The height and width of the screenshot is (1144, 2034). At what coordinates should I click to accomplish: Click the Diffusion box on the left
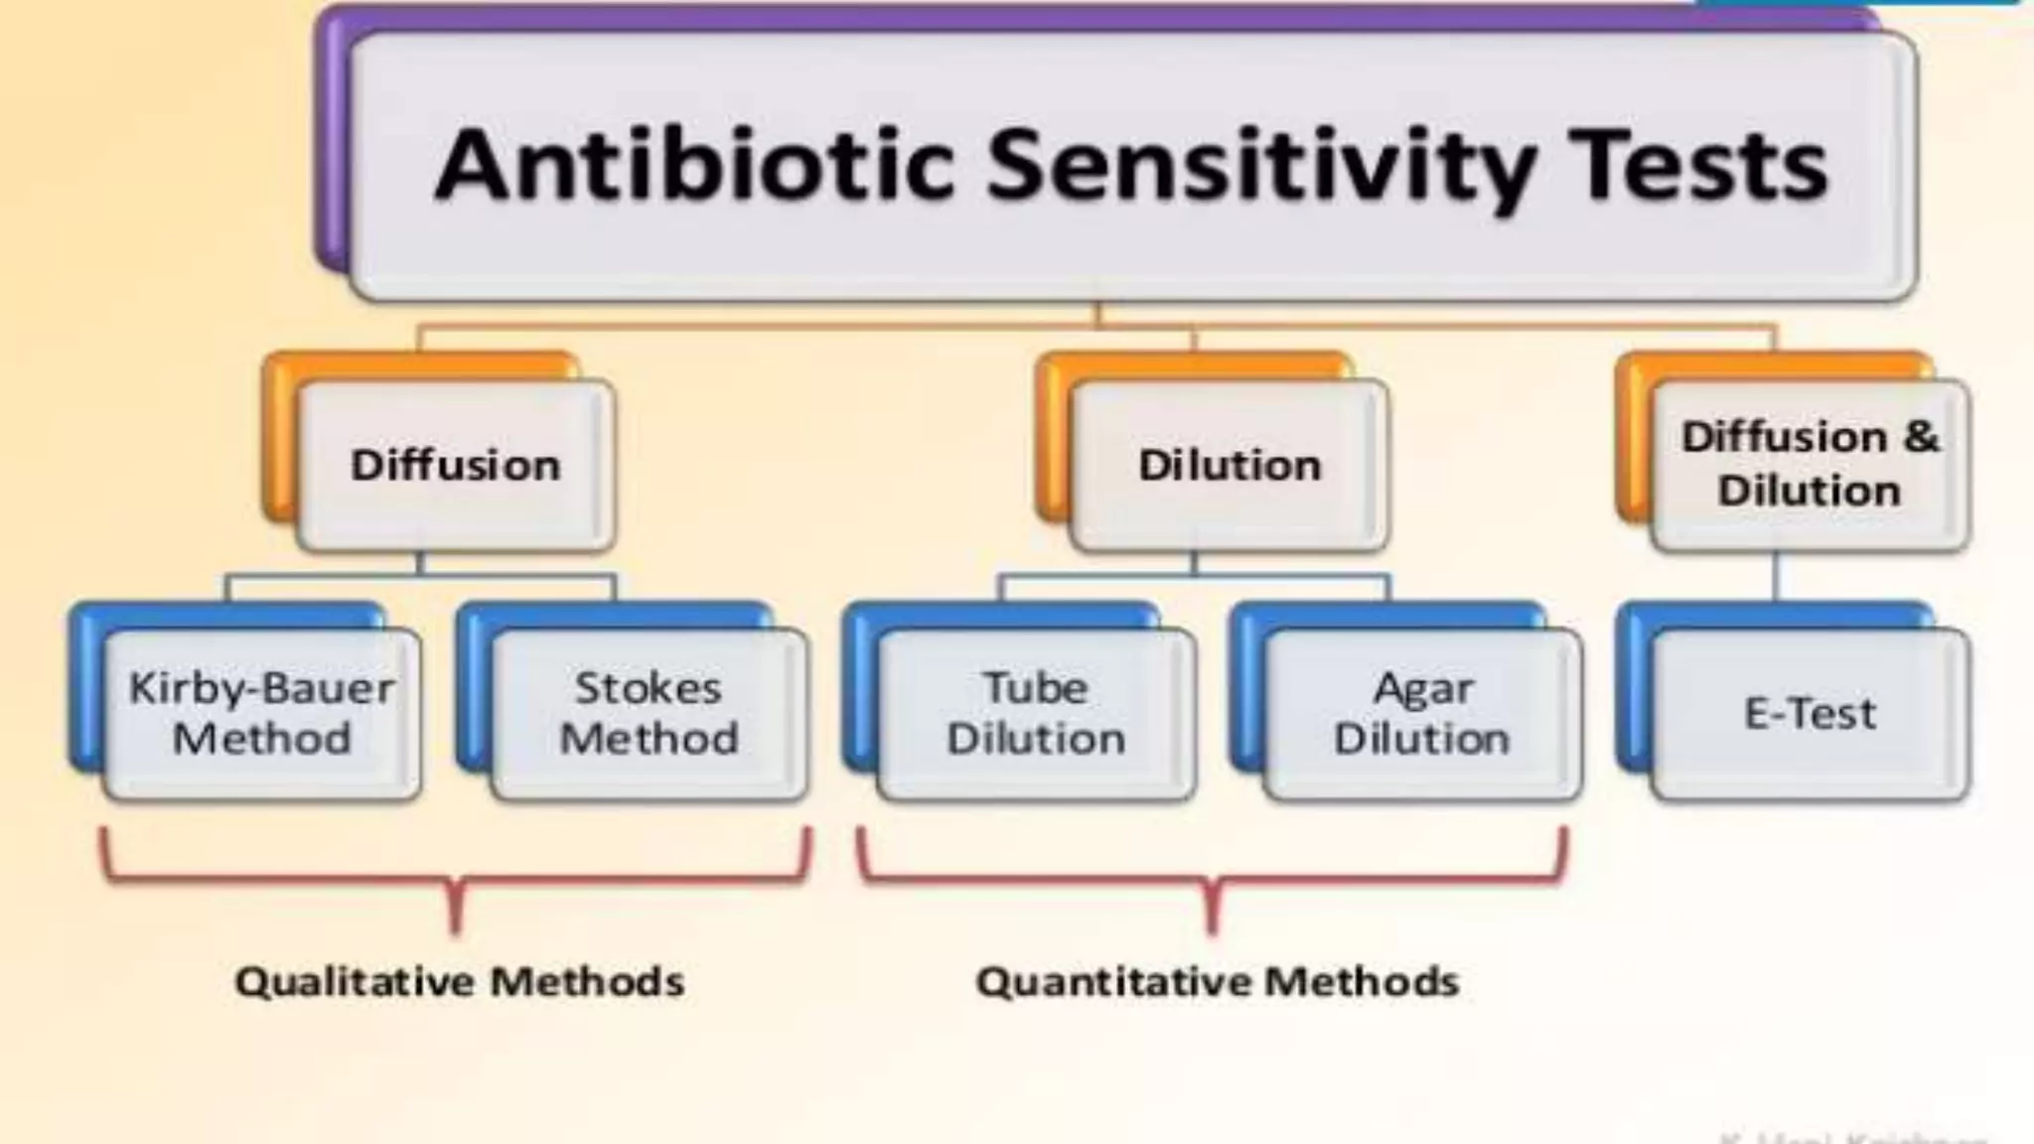pos(456,465)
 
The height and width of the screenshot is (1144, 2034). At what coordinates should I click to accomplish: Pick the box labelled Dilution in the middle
pos(1230,465)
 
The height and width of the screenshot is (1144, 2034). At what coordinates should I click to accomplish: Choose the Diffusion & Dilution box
pos(1810,465)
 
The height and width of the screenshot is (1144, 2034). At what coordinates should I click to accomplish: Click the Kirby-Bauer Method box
pos(261,713)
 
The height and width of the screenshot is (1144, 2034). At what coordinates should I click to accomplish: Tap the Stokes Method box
pos(649,713)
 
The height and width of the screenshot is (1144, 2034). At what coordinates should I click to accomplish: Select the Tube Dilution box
pos(1036,713)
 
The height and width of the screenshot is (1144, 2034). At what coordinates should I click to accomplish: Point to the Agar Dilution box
pos(1422,713)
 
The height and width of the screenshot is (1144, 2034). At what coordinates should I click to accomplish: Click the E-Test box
pos(1810,713)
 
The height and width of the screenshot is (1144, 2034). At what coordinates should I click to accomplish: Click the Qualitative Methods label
pos(459,982)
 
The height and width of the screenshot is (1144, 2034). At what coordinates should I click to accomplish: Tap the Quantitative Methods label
pos(1217,982)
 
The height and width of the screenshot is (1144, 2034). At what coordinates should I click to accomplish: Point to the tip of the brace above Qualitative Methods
pos(456,929)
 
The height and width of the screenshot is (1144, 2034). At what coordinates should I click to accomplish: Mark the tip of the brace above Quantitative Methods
pos(1212,929)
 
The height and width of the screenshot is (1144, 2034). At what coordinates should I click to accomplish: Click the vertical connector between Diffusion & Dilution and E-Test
pos(1776,577)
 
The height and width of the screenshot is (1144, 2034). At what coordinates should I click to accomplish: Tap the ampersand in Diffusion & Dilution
pos(1921,437)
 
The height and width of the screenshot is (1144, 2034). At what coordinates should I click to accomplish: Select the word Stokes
pos(649,688)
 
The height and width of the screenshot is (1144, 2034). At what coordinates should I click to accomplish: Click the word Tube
pos(1036,688)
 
